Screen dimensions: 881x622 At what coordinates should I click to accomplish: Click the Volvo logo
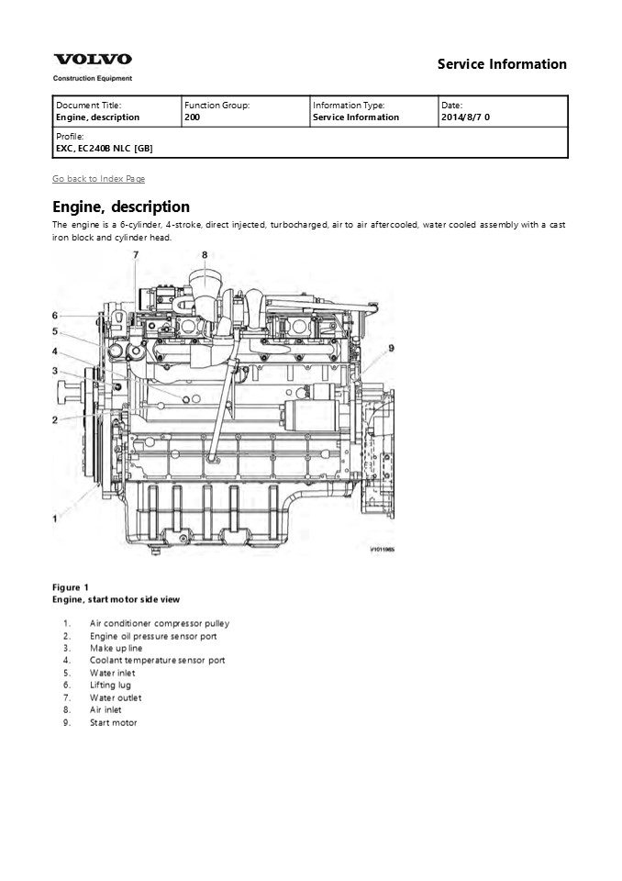tap(92, 60)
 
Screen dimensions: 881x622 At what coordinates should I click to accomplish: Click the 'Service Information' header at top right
tap(501, 64)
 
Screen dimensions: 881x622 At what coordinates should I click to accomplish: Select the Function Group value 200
tap(193, 117)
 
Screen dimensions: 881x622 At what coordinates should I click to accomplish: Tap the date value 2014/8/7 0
tap(465, 117)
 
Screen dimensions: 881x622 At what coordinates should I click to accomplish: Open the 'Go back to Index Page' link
tap(98, 178)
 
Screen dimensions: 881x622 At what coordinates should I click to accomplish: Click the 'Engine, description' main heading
tap(121, 206)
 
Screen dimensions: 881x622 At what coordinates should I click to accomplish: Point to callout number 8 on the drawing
tap(205, 255)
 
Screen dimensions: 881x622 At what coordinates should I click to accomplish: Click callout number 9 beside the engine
tap(391, 348)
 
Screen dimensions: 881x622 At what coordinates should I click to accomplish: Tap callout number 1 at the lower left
tap(56, 518)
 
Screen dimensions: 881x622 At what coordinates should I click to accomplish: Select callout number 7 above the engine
tap(135, 254)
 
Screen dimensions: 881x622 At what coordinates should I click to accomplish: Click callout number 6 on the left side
tap(55, 315)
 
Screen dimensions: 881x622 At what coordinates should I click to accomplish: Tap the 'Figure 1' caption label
tap(71, 586)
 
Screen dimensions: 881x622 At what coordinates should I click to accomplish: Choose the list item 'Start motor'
tap(113, 722)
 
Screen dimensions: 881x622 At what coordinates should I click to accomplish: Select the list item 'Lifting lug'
tap(110, 685)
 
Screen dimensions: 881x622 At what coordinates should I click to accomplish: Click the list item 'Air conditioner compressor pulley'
tap(159, 623)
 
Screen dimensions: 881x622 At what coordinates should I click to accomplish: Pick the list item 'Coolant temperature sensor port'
tap(157, 660)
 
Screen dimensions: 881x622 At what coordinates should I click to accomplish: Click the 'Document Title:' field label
tap(88, 106)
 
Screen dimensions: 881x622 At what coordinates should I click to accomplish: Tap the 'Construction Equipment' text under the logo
tap(92, 79)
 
